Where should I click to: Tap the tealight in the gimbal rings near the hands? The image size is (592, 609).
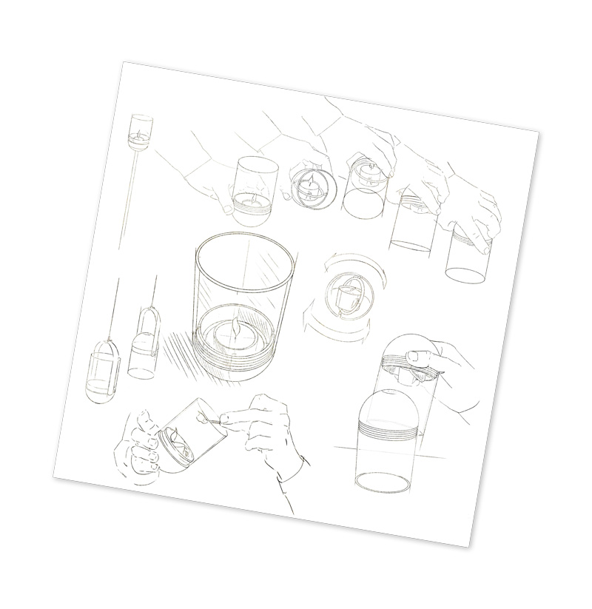313,185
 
